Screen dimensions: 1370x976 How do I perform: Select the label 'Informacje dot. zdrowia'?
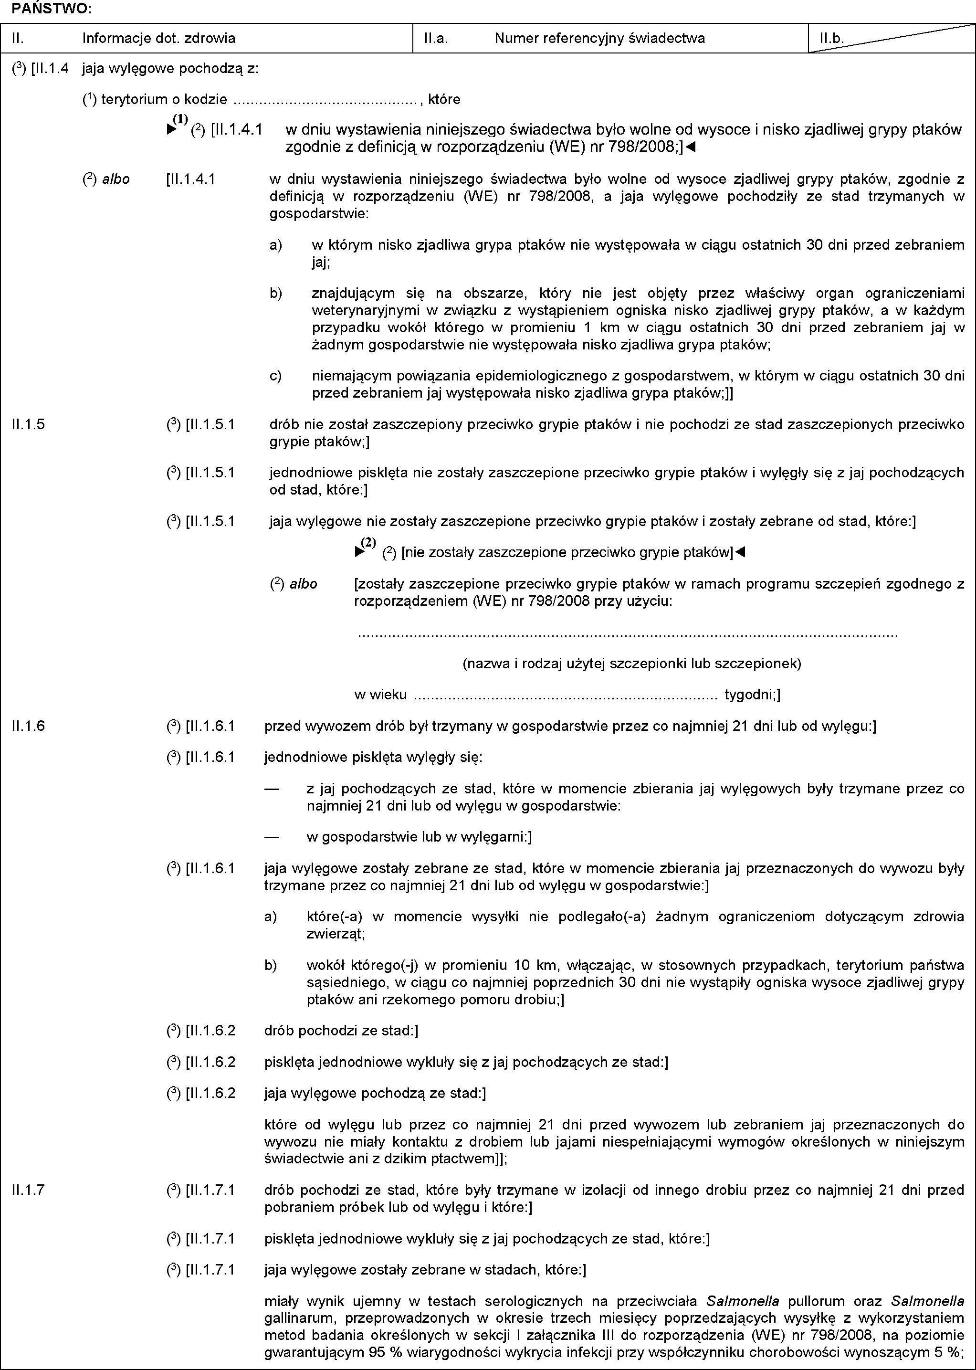pyautogui.click(x=158, y=39)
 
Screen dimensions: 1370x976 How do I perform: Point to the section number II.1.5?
pyautogui.click(x=28, y=424)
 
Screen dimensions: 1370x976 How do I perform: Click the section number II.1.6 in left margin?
pyautogui.click(x=28, y=726)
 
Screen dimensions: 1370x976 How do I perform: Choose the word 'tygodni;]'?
pyautogui.click(x=752, y=696)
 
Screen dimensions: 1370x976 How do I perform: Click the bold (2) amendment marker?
pyautogui.click(x=368, y=543)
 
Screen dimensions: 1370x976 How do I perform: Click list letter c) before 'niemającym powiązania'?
pyautogui.click(x=275, y=376)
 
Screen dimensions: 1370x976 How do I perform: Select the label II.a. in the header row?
pyautogui.click(x=436, y=39)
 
